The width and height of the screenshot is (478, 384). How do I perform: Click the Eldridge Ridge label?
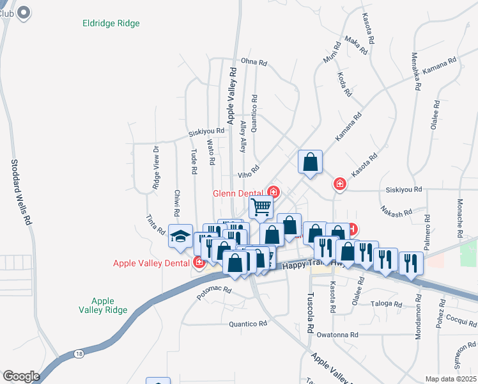[x=111, y=24]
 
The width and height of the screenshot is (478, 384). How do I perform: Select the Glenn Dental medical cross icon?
[x=274, y=192]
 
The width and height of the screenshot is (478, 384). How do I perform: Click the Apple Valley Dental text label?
[x=151, y=263]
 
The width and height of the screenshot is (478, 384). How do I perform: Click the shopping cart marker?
[x=261, y=207]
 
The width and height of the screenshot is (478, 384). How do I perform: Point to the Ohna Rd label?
[x=252, y=62]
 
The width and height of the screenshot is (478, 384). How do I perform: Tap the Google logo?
[x=20, y=376]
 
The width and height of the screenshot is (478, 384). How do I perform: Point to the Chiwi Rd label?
[x=175, y=203]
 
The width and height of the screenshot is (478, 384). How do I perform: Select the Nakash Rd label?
[x=394, y=211]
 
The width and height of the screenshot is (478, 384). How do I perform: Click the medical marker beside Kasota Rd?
[x=339, y=184]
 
